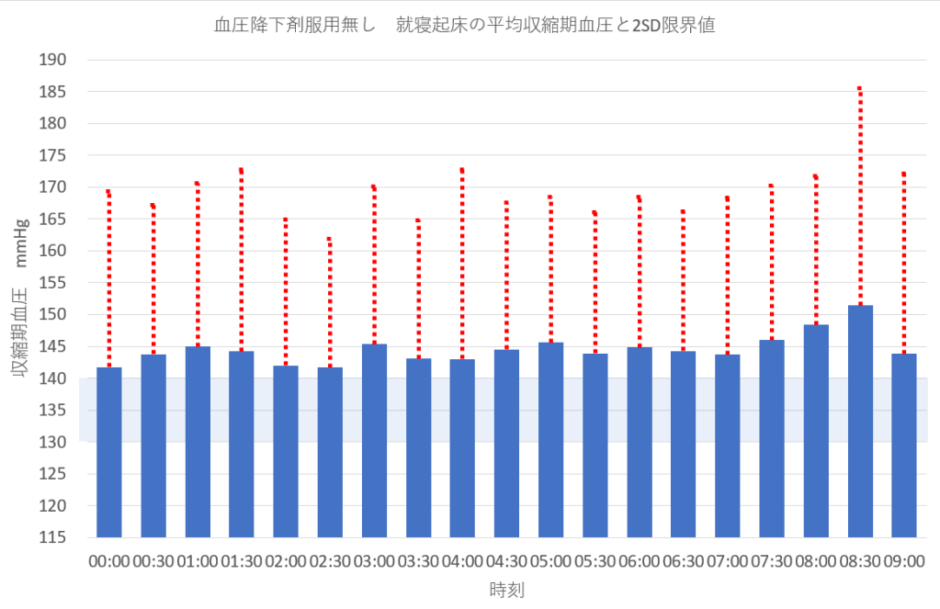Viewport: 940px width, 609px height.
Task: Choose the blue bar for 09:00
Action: [x=904, y=445]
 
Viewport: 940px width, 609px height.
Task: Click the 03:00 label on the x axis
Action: [x=374, y=561]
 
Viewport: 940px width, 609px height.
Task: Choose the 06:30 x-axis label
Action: [x=683, y=561]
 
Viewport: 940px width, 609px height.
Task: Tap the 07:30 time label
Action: [x=771, y=561]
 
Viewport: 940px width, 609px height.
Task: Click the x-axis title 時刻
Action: [x=506, y=589]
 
